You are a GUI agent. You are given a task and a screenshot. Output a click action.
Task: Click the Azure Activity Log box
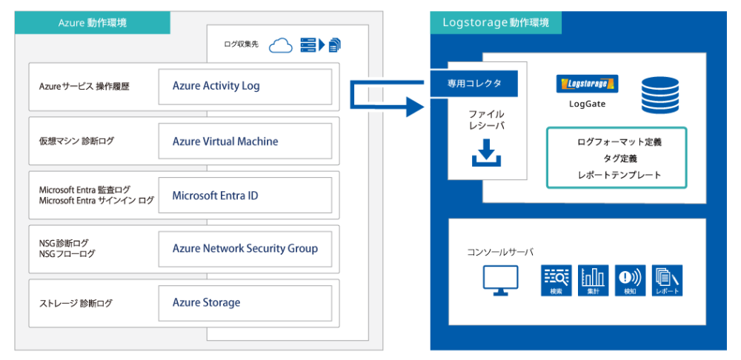245,86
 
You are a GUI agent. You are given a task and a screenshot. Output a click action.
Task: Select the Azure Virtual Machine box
245,141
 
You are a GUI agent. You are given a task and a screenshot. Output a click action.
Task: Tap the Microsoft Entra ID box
245,196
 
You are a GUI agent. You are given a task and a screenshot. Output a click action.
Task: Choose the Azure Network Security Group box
245,249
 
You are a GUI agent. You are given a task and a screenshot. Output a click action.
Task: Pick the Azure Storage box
245,302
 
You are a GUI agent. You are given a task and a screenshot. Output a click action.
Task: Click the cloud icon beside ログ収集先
281,45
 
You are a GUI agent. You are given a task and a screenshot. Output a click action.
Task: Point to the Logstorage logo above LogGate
587,84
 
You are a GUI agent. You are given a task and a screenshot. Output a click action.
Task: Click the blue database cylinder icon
659,95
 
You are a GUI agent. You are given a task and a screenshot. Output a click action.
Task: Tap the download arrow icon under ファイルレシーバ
487,153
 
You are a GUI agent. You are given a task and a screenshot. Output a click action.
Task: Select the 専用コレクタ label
475,84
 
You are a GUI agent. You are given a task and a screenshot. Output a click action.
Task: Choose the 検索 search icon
556,280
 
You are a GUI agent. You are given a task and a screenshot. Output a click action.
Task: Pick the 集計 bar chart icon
593,280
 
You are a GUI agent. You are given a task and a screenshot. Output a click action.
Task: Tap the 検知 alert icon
630,280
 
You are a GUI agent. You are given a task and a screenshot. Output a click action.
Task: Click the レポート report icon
667,280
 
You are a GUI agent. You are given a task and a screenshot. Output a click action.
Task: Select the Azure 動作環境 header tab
93,23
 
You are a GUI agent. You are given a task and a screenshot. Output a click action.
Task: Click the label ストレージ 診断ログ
76,303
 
